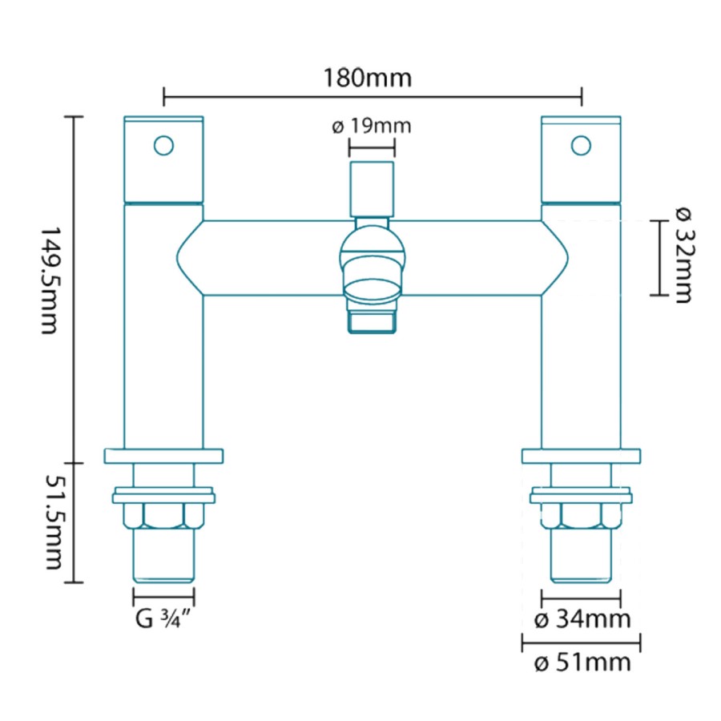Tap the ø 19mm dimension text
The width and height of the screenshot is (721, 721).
pyautogui.click(x=370, y=127)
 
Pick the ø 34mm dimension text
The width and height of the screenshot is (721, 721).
pyautogui.click(x=582, y=619)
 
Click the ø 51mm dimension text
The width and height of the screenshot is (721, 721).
pyautogui.click(x=582, y=663)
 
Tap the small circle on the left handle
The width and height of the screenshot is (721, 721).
pyautogui.click(x=163, y=146)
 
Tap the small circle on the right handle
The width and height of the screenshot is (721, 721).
pyautogui.click(x=581, y=146)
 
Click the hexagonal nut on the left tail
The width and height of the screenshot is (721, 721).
pyautogui.click(x=163, y=516)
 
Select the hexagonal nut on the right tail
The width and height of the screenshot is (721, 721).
pyautogui.click(x=581, y=516)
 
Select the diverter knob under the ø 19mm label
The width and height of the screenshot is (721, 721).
pyautogui.click(x=372, y=187)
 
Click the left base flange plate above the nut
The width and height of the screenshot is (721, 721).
pyautogui.click(x=163, y=456)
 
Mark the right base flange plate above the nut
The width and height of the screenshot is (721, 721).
pyautogui.click(x=581, y=456)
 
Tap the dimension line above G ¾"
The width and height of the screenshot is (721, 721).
pyautogui.click(x=163, y=597)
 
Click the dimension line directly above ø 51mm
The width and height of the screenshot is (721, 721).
pyautogui.click(x=581, y=641)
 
